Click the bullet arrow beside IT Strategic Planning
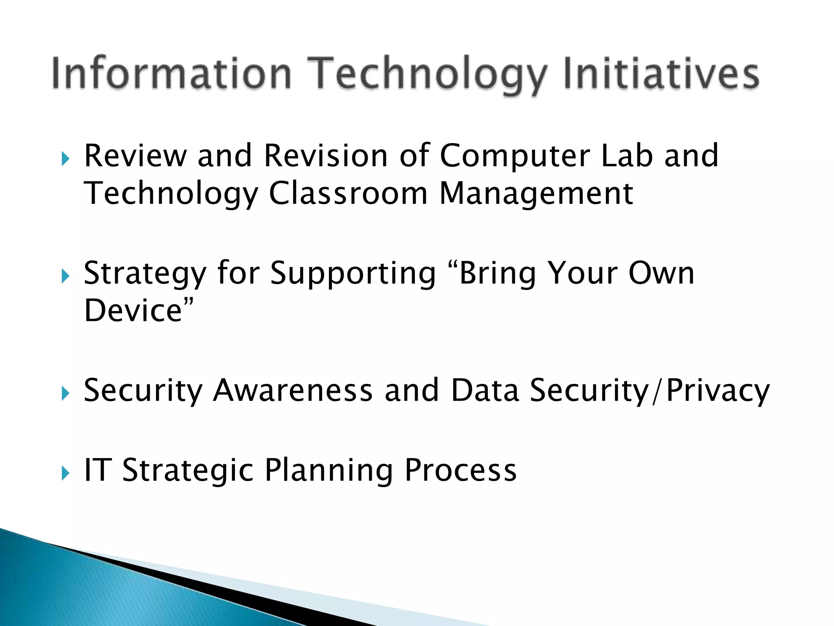pos(66,473)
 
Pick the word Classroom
pos(348,194)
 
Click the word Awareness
pos(293,390)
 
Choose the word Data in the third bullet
pos(485,390)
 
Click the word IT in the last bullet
pos(98,470)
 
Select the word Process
pos(461,470)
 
